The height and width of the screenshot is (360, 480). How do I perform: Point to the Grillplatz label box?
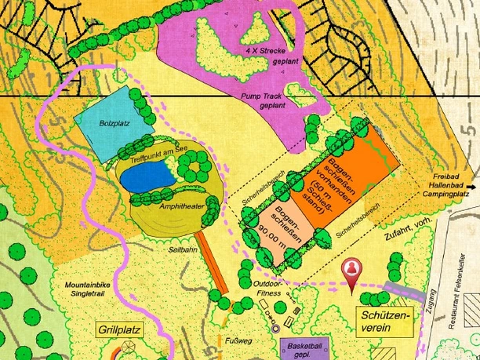[120, 329]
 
